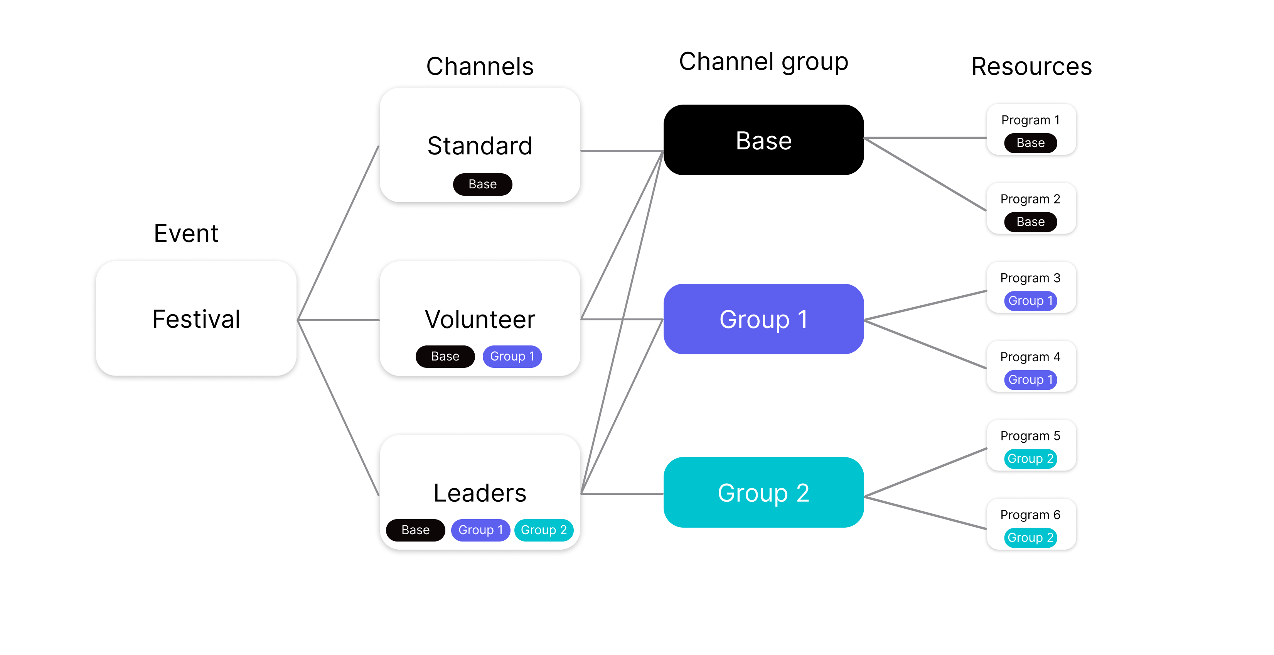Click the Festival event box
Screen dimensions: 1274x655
(x=196, y=318)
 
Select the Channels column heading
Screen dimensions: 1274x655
(x=480, y=66)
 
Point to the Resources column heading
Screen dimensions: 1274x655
(x=1032, y=66)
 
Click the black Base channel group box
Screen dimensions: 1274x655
(x=763, y=140)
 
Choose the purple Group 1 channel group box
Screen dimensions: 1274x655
(x=763, y=319)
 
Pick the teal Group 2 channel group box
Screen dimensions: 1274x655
(x=763, y=492)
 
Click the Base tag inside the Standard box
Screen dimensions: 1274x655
(x=483, y=184)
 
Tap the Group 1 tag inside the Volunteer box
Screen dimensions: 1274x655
(x=512, y=357)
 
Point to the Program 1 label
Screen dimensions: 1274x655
(x=1031, y=120)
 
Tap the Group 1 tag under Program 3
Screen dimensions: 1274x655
(x=1031, y=301)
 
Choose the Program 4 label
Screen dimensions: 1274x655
(x=1031, y=357)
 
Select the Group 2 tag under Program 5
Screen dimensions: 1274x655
(x=1031, y=459)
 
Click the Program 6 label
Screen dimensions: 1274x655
(x=1031, y=515)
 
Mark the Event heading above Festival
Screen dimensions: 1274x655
(x=186, y=233)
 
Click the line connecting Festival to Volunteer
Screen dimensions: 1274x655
(x=338, y=320)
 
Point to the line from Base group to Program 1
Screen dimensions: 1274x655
(x=925, y=138)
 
